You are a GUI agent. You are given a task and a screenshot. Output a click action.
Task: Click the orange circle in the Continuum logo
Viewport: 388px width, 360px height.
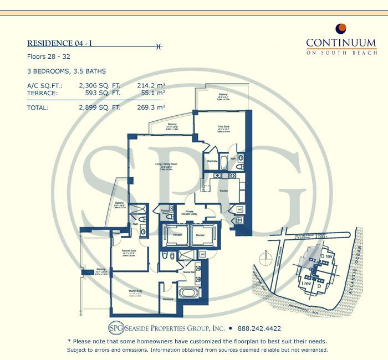pos(341,28)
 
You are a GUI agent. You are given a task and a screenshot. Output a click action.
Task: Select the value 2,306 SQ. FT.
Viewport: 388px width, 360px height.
pos(100,86)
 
